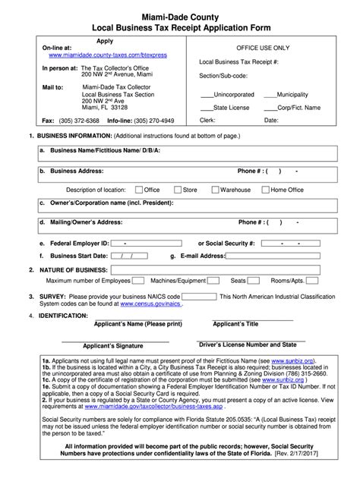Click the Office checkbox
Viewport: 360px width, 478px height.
(138, 190)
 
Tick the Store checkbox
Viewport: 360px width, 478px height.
(177, 190)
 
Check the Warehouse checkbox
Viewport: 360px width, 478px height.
(215, 190)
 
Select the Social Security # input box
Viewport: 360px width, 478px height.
(295, 243)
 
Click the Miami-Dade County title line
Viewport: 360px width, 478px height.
(179, 14)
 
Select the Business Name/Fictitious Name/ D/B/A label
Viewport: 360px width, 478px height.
(105, 150)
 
